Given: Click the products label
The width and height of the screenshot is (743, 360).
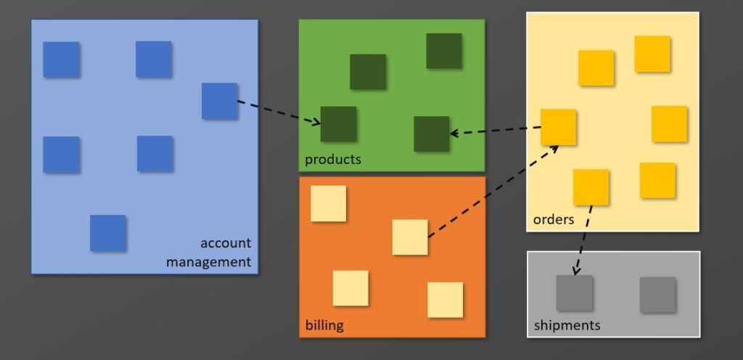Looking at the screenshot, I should (x=332, y=159).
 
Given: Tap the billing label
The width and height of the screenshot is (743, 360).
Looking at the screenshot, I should (x=324, y=325).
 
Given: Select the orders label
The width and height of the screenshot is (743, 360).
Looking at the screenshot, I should (x=554, y=219).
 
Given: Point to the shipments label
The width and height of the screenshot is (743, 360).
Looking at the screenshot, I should (x=567, y=325).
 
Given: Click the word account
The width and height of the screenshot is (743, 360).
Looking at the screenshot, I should (x=225, y=243).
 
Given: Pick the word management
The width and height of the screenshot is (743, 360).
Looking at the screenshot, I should (x=208, y=261).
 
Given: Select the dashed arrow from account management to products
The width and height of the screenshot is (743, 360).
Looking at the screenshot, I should (x=279, y=112).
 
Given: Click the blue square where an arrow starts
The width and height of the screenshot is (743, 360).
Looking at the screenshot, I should (x=219, y=101).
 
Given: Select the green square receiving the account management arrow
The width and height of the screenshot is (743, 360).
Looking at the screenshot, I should (x=338, y=124).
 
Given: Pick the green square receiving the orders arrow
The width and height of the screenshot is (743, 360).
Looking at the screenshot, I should (x=432, y=134).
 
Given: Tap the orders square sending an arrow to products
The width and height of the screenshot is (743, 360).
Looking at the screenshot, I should (x=559, y=127).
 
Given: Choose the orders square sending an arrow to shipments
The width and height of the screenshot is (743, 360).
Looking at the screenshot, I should (x=591, y=187).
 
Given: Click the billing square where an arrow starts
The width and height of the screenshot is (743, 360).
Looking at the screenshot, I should (x=410, y=237).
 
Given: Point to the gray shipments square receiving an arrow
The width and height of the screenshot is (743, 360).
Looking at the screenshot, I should (x=575, y=293).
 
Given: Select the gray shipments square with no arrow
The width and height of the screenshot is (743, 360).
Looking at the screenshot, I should (x=657, y=294).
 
